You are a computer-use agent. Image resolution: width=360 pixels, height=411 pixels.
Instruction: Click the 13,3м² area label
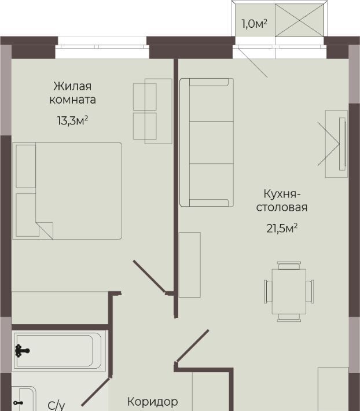pos(72,121)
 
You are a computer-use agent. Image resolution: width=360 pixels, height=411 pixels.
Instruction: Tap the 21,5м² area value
pos(282,228)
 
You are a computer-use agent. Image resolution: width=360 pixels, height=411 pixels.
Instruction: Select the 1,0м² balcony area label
pos(255,24)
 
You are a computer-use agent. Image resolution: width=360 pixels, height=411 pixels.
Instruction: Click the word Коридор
pos(152,402)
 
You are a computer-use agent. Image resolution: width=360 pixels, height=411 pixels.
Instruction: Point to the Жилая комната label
pos(72,93)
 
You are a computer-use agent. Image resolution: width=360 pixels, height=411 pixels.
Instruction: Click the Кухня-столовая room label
pos(282,200)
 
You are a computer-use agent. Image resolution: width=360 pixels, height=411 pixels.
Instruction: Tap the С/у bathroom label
pos(56,406)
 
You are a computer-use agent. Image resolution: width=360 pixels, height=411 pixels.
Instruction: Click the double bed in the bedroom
pos(67,191)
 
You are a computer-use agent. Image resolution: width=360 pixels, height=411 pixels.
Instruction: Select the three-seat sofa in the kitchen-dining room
pos(207,142)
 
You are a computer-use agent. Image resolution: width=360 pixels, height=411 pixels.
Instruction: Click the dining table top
pos(289,292)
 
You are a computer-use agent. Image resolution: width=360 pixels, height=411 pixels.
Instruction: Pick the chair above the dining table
pos(289,266)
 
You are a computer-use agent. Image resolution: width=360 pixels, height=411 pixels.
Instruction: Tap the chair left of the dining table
pos(268,292)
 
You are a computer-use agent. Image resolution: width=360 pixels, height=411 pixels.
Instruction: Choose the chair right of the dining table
pos(310,292)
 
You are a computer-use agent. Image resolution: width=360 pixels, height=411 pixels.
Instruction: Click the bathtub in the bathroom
pos(58,351)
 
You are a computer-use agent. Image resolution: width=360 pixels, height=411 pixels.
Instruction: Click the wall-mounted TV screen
pos(342,144)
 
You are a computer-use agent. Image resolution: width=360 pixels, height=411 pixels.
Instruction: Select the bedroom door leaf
pos(150,277)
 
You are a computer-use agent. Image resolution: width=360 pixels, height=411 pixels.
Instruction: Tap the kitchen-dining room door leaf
pos(192,346)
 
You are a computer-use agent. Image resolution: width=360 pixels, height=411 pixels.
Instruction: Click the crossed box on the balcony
pos(299,20)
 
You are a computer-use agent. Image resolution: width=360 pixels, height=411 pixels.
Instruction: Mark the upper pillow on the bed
pos(25,166)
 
